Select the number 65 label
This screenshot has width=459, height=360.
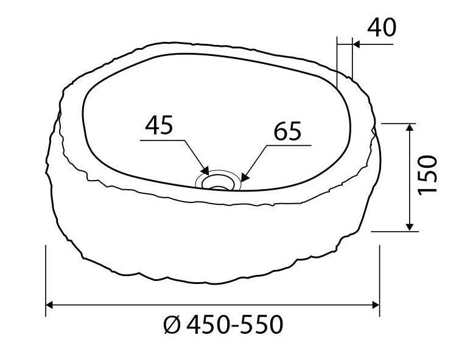click(x=287, y=131)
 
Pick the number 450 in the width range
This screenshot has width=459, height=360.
click(x=206, y=326)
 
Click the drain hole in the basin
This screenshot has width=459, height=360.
click(x=217, y=181)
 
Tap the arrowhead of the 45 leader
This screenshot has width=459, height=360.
click(x=206, y=170)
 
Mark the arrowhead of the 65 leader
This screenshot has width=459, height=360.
click(x=244, y=177)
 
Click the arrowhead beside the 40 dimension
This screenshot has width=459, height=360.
click(x=357, y=44)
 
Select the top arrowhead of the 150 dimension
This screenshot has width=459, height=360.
click(x=412, y=128)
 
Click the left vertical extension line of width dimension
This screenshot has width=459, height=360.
click(x=46, y=280)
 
